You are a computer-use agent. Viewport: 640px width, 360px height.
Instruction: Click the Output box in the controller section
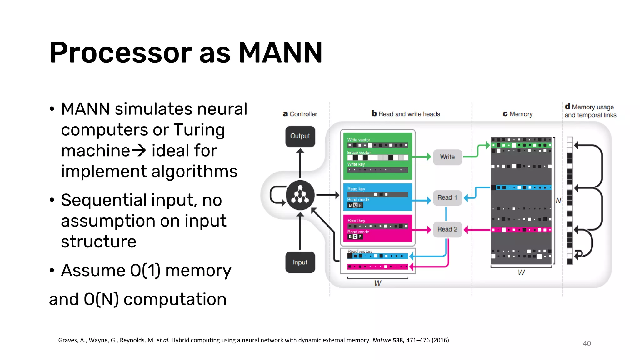click(300, 136)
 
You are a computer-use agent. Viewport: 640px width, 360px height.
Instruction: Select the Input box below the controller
click(300, 262)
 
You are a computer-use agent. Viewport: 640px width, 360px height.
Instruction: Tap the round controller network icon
click(300, 195)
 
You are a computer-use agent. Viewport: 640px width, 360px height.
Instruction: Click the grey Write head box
click(447, 157)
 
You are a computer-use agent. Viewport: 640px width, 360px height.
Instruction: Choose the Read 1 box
click(447, 197)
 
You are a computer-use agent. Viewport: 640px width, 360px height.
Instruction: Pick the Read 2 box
click(447, 229)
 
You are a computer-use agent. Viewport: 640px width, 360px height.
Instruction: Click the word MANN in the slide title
click(280, 52)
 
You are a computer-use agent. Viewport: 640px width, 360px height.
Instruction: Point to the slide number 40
click(587, 343)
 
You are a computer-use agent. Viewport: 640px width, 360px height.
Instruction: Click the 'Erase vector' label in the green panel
click(359, 152)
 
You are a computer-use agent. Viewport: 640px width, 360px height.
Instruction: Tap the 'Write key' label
click(356, 164)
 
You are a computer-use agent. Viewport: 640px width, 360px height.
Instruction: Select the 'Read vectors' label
click(360, 251)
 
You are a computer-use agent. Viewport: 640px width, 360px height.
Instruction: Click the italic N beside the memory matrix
click(558, 201)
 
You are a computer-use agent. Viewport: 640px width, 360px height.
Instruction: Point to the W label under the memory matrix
click(521, 272)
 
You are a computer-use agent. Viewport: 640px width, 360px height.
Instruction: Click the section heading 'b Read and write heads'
click(406, 114)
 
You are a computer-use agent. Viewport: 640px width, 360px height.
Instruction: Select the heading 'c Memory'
click(517, 114)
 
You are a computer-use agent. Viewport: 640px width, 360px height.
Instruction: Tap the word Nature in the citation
click(382, 340)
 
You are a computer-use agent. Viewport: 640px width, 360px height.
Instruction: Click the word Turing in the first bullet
click(199, 130)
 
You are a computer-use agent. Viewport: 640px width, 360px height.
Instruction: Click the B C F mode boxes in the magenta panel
click(355, 237)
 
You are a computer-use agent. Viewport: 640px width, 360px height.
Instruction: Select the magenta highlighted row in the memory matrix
click(521, 230)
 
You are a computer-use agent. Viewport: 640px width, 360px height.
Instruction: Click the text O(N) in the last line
click(101, 299)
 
